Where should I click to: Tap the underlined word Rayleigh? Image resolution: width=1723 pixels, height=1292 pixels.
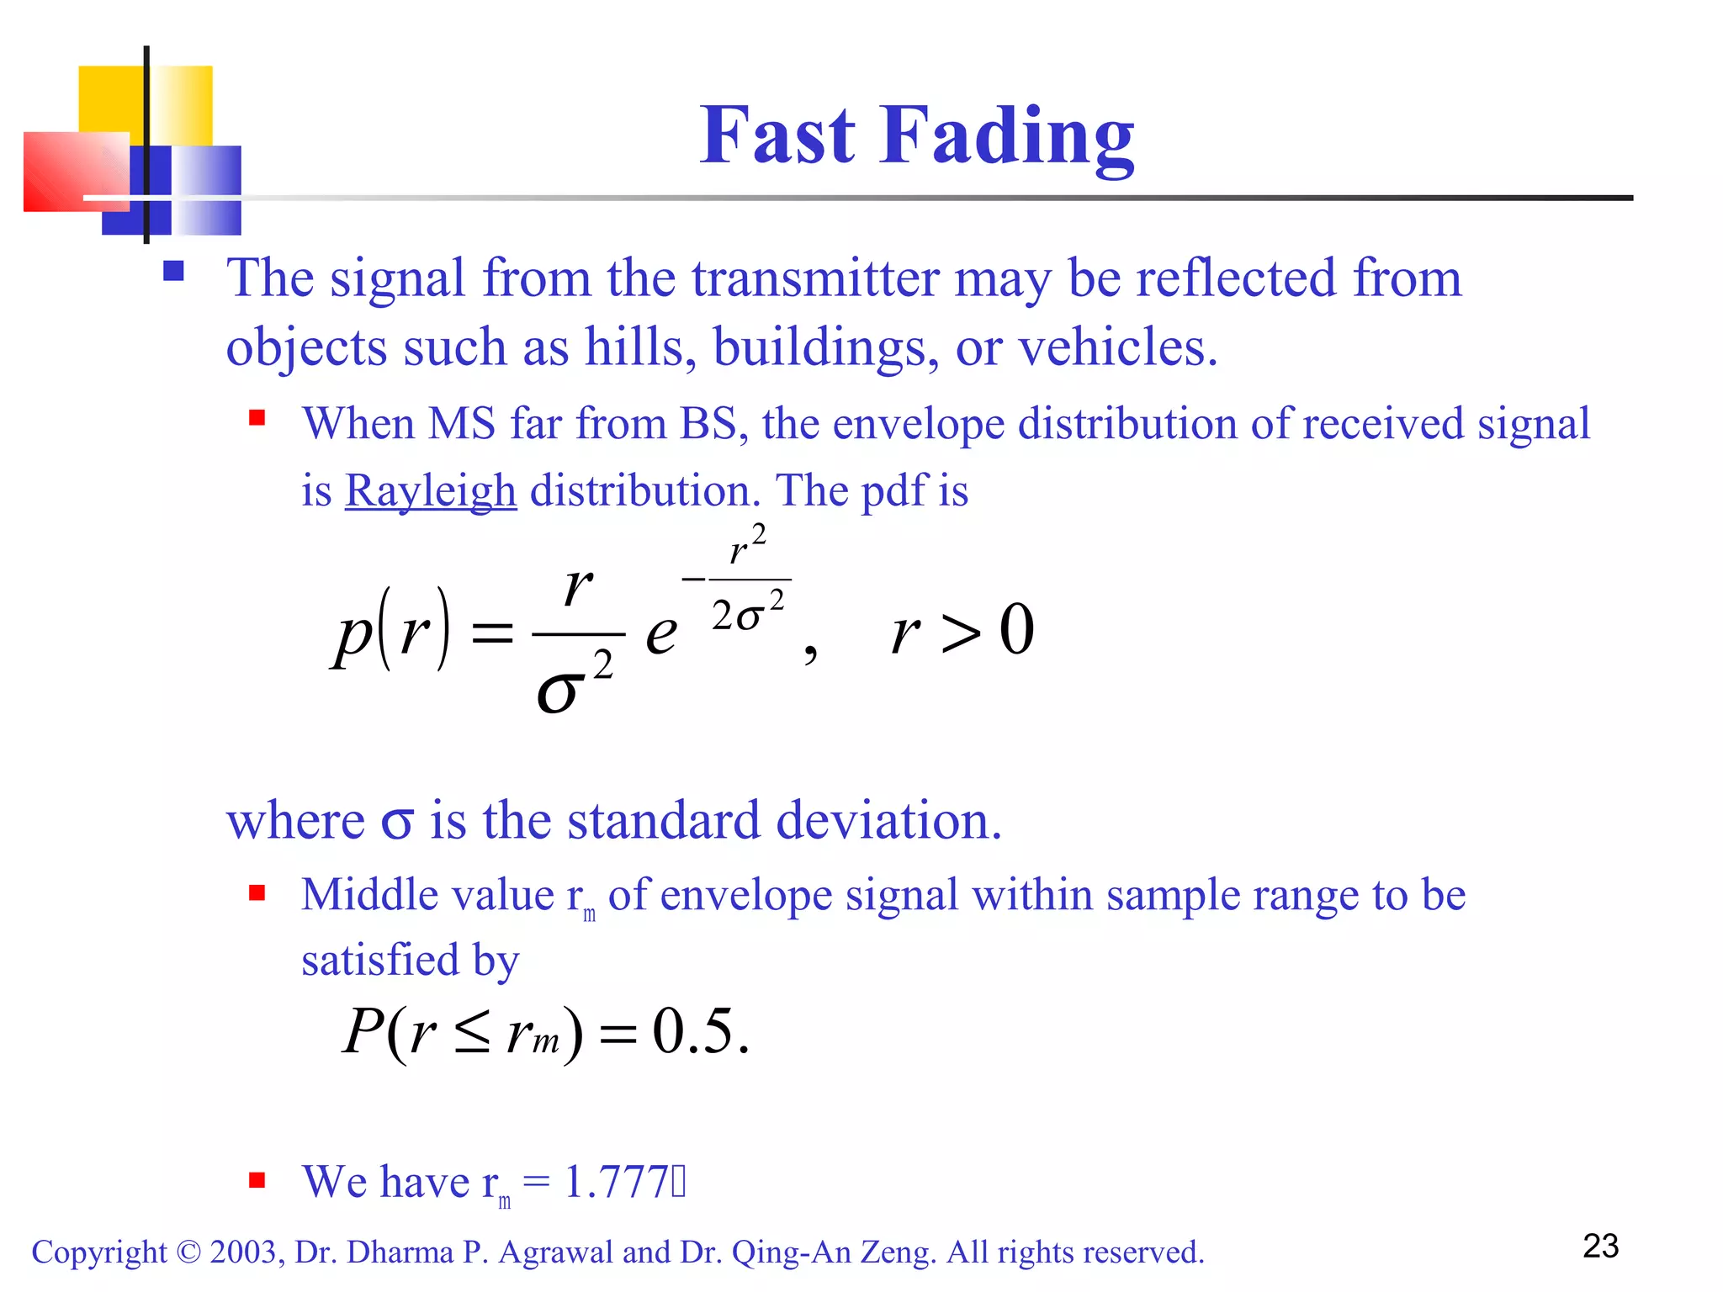(x=430, y=491)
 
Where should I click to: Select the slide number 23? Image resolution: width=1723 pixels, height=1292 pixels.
(x=1600, y=1246)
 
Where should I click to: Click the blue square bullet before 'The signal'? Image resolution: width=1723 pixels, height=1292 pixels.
(x=173, y=270)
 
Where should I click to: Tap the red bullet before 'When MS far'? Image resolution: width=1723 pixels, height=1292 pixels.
(x=257, y=417)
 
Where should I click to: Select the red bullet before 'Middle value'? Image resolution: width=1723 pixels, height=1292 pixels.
(x=257, y=892)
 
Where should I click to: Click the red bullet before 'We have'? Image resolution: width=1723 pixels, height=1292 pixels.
(x=257, y=1180)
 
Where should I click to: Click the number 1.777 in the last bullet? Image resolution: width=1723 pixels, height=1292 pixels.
(x=615, y=1181)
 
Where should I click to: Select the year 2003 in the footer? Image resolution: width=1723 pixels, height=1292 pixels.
(x=243, y=1252)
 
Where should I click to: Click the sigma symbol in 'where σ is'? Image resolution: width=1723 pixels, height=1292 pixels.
(x=397, y=822)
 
